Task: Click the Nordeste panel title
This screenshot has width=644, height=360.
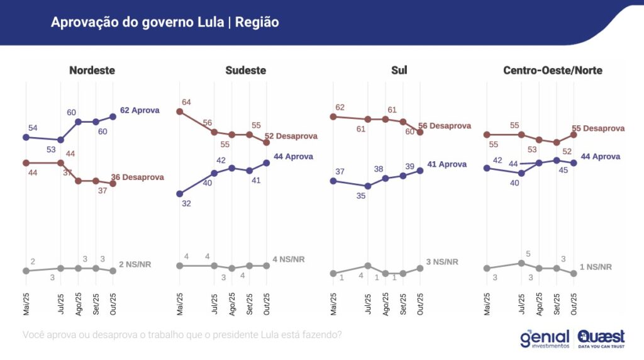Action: click(92, 70)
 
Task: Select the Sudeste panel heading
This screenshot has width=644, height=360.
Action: click(245, 70)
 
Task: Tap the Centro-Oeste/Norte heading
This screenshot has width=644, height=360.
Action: click(552, 70)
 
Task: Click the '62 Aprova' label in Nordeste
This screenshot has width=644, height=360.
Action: click(140, 110)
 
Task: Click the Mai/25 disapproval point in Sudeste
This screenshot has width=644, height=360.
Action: click(179, 111)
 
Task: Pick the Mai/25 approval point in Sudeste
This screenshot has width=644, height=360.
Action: click(179, 193)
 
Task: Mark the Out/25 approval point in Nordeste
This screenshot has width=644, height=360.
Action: click(113, 116)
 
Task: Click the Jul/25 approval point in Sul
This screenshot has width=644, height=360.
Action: click(368, 186)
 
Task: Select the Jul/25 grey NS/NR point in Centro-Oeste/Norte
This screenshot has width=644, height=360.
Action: click(521, 263)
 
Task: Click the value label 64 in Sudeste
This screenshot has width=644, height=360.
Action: click(186, 102)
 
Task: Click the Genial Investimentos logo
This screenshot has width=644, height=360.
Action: click(544, 339)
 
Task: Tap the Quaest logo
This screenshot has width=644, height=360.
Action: click(601, 339)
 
